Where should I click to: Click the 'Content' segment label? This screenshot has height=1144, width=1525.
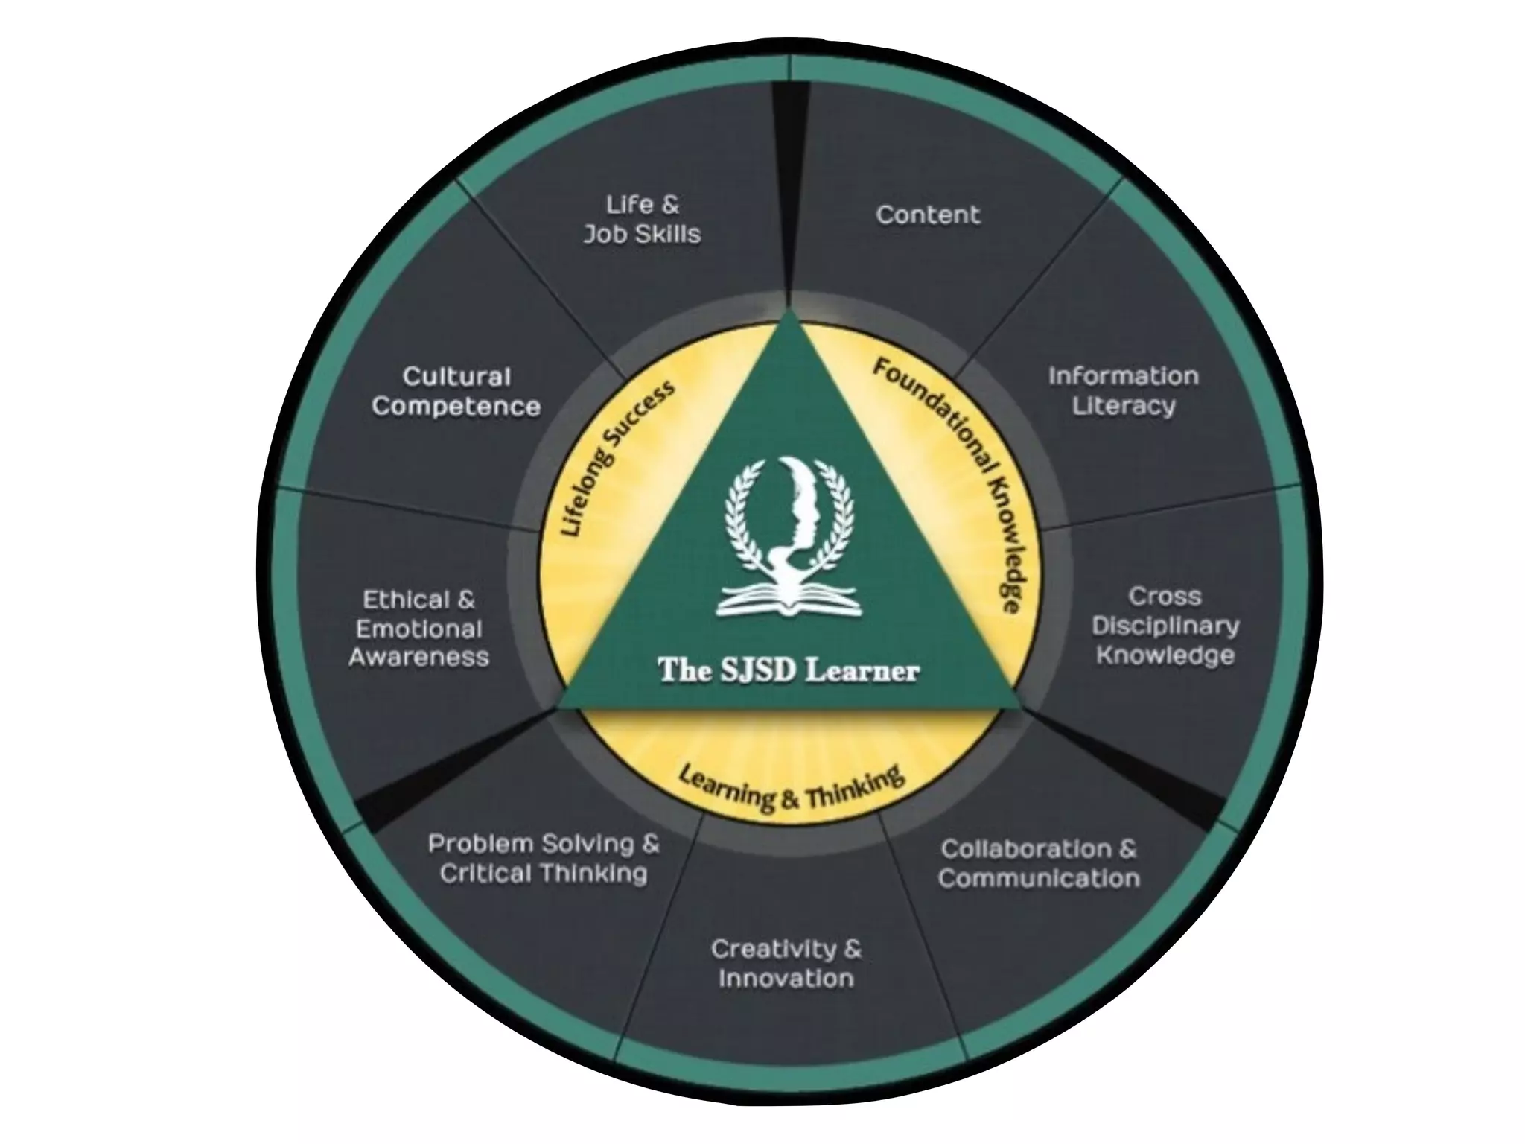click(928, 215)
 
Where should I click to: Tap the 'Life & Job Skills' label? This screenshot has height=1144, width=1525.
click(642, 220)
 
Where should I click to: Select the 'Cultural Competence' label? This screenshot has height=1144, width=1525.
click(456, 392)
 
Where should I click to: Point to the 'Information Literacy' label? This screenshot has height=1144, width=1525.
click(1123, 391)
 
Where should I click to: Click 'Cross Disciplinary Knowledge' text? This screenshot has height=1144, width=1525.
click(1165, 626)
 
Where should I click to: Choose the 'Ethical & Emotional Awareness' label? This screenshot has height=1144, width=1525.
click(418, 629)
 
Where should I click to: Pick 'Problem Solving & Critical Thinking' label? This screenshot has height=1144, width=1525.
click(544, 859)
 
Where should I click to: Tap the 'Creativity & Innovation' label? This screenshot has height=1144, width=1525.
click(786, 964)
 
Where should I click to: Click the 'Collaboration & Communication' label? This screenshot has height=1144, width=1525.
click(1039, 864)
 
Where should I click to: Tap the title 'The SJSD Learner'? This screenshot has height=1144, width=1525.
click(789, 670)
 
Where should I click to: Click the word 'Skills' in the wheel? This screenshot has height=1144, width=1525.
click(667, 235)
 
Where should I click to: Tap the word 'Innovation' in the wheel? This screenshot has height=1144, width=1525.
click(786, 979)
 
